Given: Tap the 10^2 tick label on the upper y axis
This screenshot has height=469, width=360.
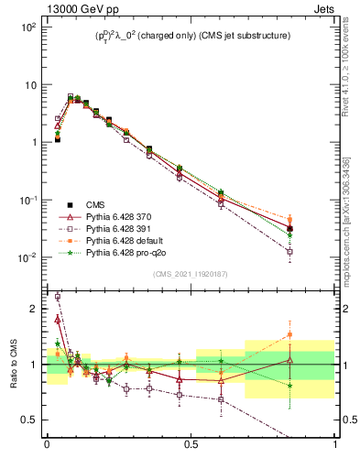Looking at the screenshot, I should (x=28, y=27).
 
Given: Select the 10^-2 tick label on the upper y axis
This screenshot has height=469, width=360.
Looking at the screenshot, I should (x=28, y=257).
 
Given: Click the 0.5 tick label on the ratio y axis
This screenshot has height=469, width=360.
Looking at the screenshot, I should (x=31, y=420).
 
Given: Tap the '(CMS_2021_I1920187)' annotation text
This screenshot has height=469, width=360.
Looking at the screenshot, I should (x=190, y=274).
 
